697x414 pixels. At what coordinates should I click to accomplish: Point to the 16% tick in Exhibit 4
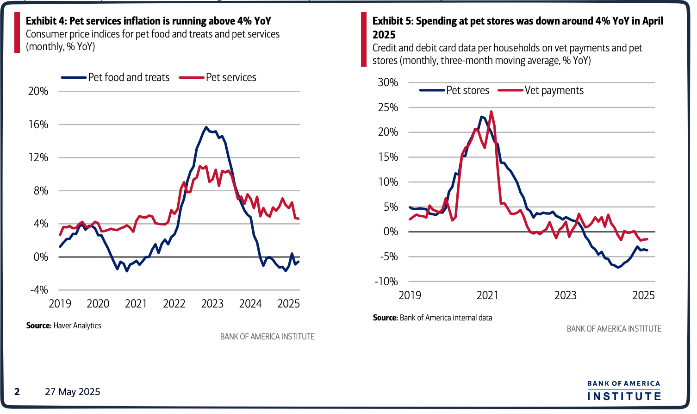(x=38, y=125)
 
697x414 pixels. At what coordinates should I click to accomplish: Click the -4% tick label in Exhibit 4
(x=39, y=290)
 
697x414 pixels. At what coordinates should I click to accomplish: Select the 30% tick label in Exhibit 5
(x=388, y=82)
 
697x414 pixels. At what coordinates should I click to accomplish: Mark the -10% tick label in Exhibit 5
(x=386, y=282)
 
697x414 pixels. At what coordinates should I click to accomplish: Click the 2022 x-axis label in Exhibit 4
(x=174, y=304)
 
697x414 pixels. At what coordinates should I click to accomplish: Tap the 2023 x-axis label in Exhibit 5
(x=565, y=295)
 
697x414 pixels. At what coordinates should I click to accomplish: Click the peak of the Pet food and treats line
(x=206, y=127)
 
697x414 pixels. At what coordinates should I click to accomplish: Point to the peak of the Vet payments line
(x=491, y=111)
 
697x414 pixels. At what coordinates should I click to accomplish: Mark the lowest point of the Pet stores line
(x=618, y=267)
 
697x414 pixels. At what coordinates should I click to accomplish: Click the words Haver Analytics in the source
(x=77, y=326)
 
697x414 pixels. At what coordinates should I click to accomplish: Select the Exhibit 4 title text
(x=148, y=21)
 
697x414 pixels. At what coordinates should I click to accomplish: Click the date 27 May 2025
(x=72, y=392)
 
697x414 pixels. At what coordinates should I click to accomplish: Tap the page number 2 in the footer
(x=17, y=392)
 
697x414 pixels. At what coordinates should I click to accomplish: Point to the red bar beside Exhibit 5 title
(x=364, y=40)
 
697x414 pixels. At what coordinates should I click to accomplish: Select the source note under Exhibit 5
(x=432, y=318)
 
